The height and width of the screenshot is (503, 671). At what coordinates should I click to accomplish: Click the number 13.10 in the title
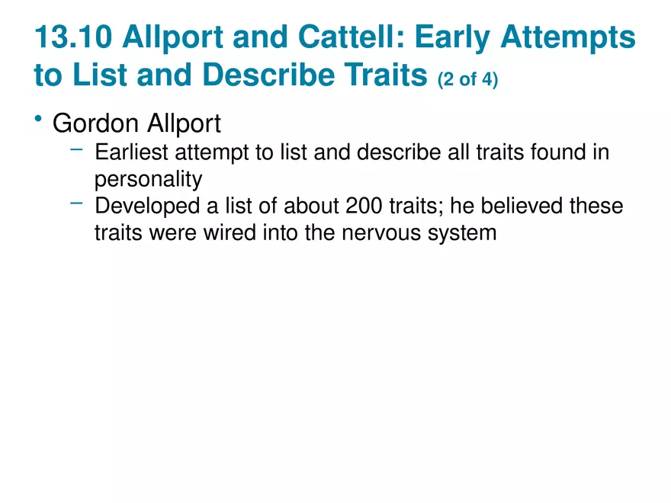(x=73, y=37)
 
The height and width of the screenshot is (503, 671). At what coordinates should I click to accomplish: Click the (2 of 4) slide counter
(x=467, y=79)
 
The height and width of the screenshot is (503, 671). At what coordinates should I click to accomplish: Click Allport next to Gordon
(x=184, y=124)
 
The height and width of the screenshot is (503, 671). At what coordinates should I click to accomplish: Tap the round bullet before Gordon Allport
(x=39, y=118)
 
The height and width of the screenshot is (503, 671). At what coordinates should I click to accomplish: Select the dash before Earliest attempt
(x=76, y=149)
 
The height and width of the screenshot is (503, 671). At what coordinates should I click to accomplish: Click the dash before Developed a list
(x=76, y=203)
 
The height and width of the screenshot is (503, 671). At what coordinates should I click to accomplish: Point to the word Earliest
(x=131, y=152)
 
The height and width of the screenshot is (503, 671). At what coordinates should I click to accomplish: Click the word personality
(x=149, y=180)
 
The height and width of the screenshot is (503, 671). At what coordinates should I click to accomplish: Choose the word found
(x=558, y=152)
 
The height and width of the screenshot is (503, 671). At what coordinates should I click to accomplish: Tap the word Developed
(x=147, y=207)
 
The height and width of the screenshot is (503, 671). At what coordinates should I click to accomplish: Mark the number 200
(x=364, y=206)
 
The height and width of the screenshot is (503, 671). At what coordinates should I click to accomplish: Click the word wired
(x=230, y=233)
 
